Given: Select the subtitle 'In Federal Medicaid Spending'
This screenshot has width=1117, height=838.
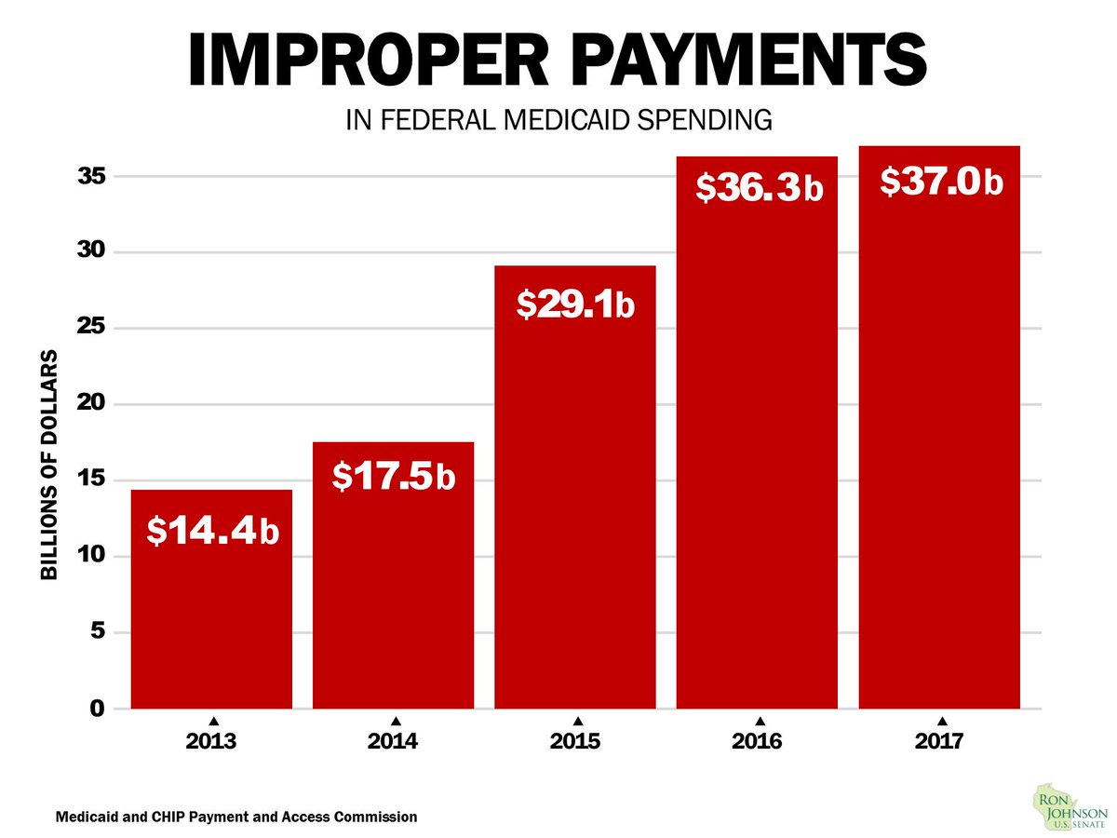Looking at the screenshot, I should [x=558, y=120].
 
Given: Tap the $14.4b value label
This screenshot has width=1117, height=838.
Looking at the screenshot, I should [x=213, y=532].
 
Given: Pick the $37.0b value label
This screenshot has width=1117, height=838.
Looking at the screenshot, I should [x=940, y=183].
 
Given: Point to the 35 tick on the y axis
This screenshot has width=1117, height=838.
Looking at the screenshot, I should [x=97, y=176].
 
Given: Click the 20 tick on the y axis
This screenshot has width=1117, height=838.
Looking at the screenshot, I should [x=97, y=404].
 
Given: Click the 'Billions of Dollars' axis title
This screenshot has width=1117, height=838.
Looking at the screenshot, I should [x=49, y=466].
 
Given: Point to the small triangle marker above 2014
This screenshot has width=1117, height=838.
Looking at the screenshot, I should [x=396, y=721].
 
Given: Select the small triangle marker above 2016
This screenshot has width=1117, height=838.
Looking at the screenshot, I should [x=760, y=721].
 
